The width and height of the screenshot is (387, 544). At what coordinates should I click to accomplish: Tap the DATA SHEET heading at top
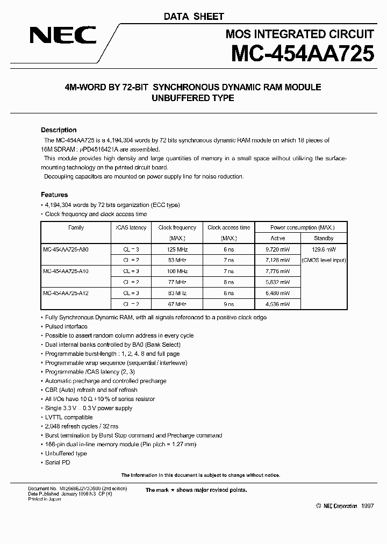[193, 17]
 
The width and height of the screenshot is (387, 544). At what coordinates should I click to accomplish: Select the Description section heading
[59, 130]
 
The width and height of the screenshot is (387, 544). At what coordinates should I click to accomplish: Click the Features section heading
[54, 195]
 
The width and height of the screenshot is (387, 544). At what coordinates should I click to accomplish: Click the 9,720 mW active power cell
[278, 249]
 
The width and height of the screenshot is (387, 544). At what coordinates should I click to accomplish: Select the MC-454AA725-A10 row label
[66, 271]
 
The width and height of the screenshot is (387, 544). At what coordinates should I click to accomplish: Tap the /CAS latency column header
[131, 227]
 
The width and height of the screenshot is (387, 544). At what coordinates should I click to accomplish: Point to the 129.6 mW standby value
[324, 249]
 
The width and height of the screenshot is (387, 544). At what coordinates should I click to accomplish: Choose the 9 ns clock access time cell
[229, 304]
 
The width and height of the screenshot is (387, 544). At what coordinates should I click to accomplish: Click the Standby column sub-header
[324, 238]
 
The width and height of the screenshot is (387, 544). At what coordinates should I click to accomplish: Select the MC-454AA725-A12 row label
[66, 294]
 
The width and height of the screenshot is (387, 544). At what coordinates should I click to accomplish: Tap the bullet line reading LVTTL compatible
[69, 417]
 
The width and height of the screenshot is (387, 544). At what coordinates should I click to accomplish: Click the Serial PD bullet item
[59, 463]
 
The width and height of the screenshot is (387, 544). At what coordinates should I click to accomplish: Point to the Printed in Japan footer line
[45, 499]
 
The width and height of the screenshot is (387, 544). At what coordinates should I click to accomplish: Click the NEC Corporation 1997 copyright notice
[345, 506]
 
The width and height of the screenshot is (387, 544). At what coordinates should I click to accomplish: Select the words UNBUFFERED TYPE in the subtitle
[193, 98]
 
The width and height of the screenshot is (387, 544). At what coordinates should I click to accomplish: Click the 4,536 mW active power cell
[278, 304]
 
